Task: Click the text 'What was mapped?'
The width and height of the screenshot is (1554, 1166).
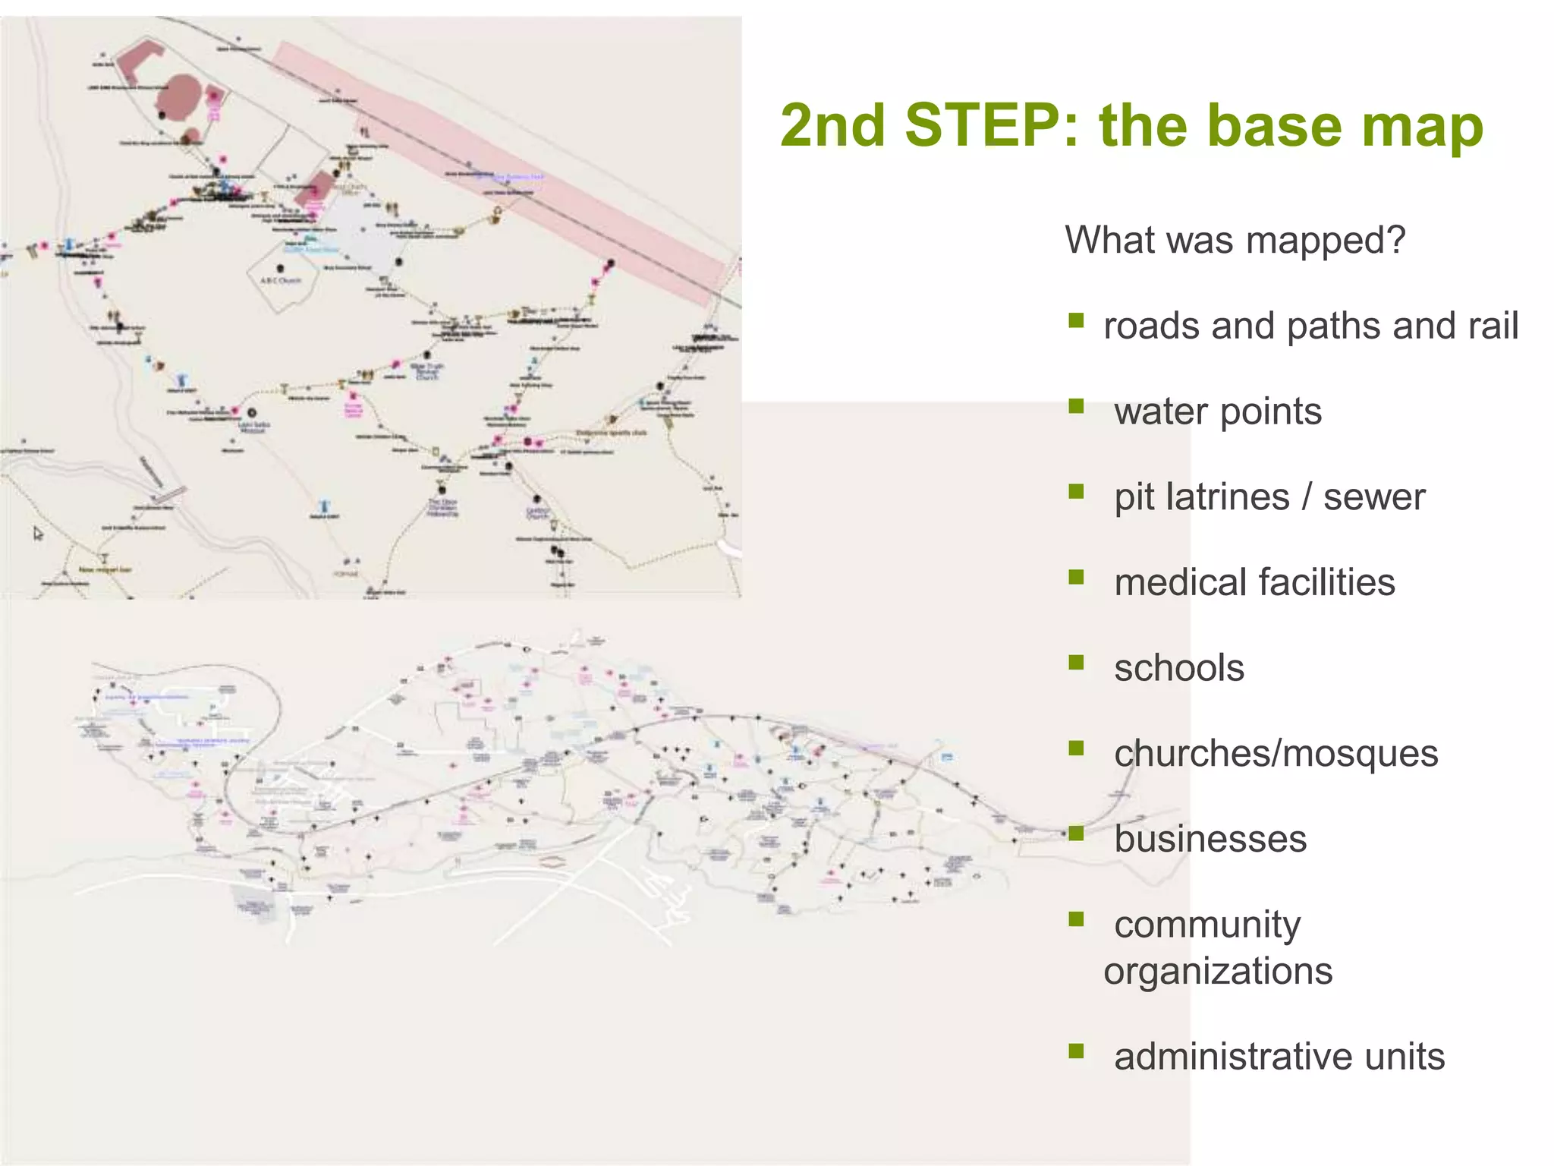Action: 1235,240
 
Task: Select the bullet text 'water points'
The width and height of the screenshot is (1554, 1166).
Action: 1217,411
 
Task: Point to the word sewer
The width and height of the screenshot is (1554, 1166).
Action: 1373,497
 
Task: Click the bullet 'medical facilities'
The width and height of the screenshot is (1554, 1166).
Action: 1254,582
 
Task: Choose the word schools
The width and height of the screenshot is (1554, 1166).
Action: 1178,668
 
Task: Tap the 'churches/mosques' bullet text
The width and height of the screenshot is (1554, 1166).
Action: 1276,754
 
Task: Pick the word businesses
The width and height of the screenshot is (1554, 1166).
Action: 1210,839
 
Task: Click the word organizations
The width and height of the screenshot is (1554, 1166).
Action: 1218,971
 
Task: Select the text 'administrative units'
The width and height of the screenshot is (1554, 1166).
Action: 1279,1056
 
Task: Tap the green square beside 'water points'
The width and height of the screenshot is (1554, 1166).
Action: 1076,406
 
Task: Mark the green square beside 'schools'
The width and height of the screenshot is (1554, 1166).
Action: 1076,663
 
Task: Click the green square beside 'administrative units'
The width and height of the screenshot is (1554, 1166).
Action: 1076,1051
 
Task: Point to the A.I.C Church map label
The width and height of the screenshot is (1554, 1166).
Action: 281,280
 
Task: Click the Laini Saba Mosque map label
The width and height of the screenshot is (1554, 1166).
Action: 252,427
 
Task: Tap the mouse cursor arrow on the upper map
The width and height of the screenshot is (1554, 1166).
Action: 38,534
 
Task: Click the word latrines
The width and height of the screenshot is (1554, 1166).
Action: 1228,497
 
